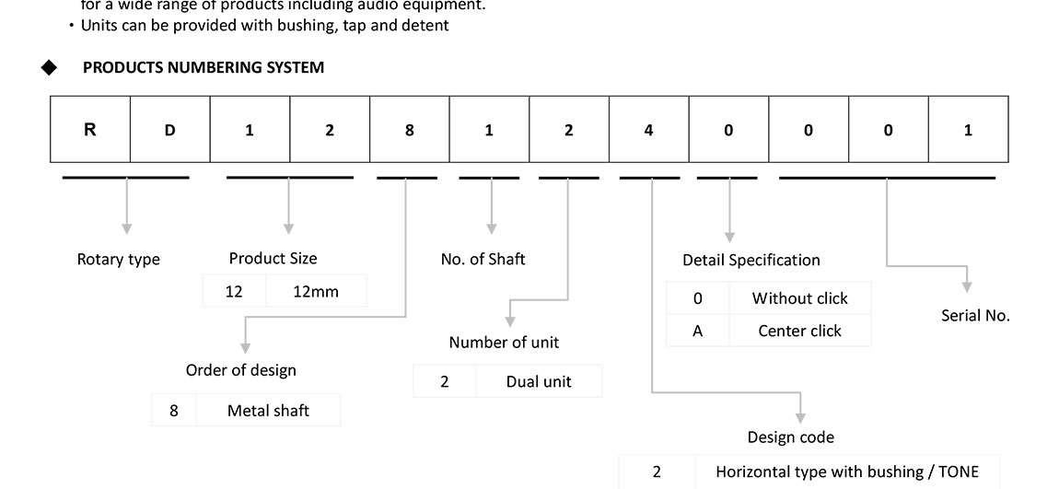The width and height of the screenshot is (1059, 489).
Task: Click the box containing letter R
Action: coord(90,130)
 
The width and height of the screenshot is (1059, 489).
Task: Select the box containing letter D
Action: coord(169,130)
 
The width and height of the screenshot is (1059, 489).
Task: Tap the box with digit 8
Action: coord(409,130)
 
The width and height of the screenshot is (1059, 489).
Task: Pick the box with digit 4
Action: coord(648,130)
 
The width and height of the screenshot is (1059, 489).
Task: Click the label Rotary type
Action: coord(118,260)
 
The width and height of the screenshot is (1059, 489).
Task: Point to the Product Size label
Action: coord(273,259)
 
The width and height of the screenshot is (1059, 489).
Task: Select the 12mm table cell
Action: coord(315,292)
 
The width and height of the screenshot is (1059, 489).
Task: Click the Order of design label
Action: coord(241,370)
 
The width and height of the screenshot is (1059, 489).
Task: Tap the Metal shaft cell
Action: coord(268,411)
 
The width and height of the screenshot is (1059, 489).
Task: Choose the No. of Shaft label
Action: coord(483,260)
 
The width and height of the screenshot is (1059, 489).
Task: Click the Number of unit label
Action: coord(504,343)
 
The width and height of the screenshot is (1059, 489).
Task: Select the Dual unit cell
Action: coord(538,381)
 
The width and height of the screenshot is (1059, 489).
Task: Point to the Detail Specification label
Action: coord(751,261)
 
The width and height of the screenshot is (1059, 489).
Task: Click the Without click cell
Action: coord(799,298)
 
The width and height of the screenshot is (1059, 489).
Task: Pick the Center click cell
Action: coord(799,331)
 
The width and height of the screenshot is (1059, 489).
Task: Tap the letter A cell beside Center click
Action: coord(697,331)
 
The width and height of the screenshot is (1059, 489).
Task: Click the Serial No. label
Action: coord(975,316)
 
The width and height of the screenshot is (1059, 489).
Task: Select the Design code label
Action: coord(790,437)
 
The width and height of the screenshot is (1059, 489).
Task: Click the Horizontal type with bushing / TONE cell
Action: coord(846,472)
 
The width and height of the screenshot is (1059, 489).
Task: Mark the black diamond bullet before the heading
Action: coord(49,67)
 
